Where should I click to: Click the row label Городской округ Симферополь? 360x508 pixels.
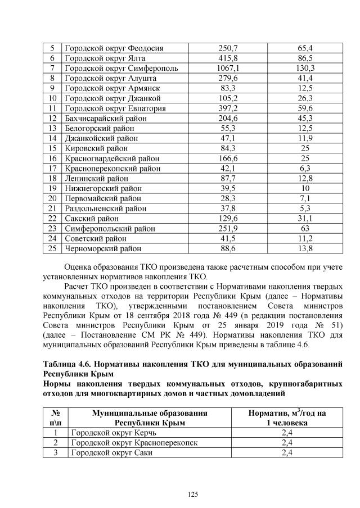(121, 69)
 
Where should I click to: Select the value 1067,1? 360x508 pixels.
(228, 69)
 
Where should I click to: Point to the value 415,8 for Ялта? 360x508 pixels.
(228, 58)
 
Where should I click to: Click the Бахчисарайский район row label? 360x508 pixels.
(106, 118)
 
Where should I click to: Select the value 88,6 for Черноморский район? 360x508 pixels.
(228, 248)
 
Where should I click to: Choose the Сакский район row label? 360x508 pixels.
(92, 218)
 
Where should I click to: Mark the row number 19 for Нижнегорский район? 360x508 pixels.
(53, 188)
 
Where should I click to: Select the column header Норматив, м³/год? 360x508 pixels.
(287, 413)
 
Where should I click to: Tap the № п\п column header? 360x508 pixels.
(55, 418)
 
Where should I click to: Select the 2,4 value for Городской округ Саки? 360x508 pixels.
(287, 453)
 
